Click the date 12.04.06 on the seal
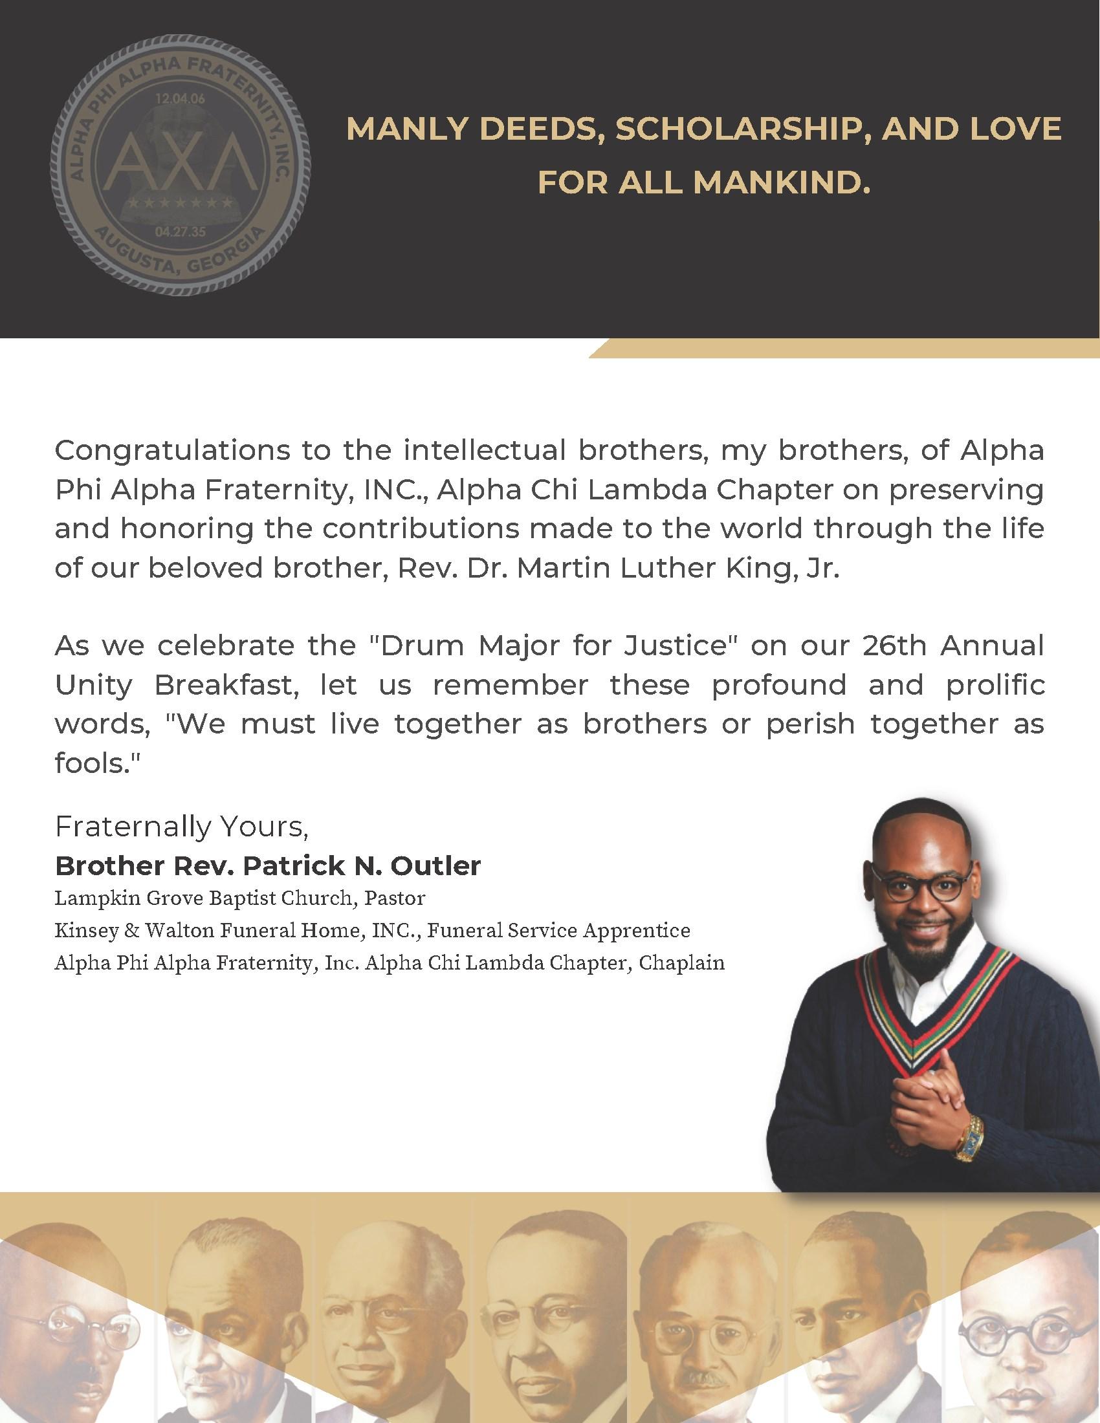(x=179, y=100)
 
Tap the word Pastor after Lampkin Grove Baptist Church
(x=395, y=898)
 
